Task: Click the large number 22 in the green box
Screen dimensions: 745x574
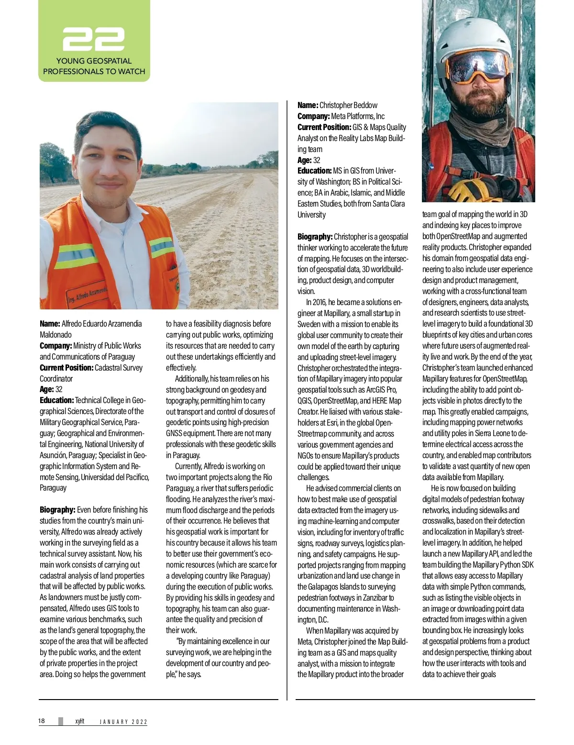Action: coord(94,39)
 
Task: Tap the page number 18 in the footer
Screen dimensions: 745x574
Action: coord(42,721)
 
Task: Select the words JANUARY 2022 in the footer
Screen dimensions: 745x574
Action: coord(123,722)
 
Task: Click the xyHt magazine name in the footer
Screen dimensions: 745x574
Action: coord(79,721)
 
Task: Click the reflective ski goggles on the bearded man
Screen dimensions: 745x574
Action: coord(478,67)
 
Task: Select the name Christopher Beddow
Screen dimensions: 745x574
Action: coord(348,105)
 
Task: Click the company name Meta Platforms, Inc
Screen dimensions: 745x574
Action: coord(358,116)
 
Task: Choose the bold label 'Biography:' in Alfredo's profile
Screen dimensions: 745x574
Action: coord(57,510)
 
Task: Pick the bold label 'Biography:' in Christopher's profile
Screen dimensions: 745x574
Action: coord(315,237)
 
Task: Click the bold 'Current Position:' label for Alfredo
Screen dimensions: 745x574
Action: coord(66,368)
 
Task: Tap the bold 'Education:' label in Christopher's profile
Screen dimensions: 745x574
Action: coord(314,171)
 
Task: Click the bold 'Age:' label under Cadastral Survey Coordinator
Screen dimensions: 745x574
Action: coord(46,389)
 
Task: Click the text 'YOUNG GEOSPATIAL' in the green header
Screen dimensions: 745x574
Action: coord(94,61)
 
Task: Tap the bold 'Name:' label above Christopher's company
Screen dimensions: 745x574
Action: coord(308,105)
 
